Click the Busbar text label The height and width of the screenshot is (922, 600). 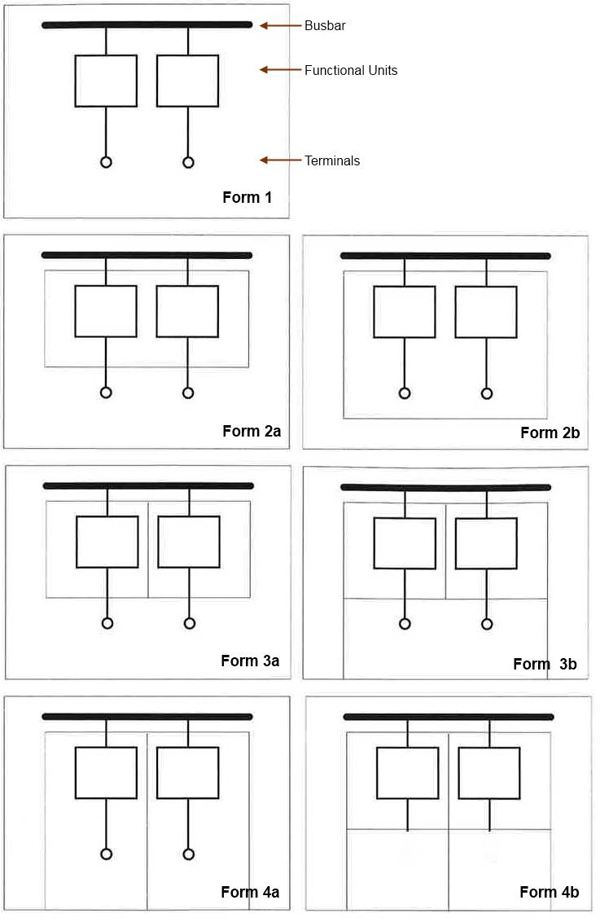pos(325,25)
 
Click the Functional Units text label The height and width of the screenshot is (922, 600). pos(351,70)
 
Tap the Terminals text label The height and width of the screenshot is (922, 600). pos(332,160)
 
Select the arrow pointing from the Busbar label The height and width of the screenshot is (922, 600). pos(280,25)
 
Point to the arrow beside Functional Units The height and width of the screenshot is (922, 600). pos(280,69)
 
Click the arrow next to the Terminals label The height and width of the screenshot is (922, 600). pos(280,160)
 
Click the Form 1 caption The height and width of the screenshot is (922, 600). pos(247,197)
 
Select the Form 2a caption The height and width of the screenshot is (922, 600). pos(252,431)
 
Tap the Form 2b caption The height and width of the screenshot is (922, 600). pos(550,432)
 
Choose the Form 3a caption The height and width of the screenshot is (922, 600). pos(250,661)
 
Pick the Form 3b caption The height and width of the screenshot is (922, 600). pos(545,664)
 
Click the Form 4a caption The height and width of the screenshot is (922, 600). pos(250,892)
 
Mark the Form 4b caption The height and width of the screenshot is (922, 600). pos(549,892)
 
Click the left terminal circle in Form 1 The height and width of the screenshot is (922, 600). pos(106,162)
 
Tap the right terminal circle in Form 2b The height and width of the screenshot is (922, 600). pos(487,393)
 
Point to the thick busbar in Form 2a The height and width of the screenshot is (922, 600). pos(147,255)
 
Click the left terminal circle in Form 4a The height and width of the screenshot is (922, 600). pos(107,854)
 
